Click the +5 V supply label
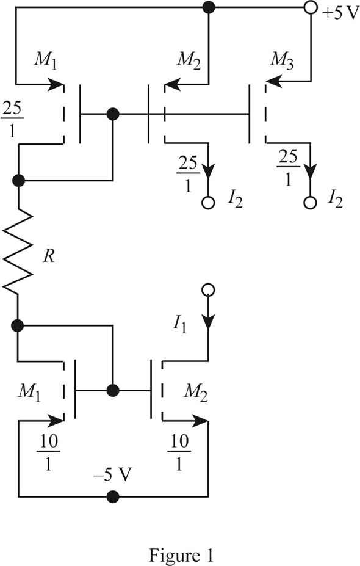pos(340,15)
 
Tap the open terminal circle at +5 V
pos(310,7)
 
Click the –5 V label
pos(112,475)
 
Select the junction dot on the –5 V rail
pos(113,496)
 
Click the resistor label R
pos(49,256)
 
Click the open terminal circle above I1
pos(208,289)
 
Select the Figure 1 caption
pos(181,555)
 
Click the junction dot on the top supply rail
pos(208,7)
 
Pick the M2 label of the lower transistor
pos(195,392)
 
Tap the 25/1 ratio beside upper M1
pos(12,120)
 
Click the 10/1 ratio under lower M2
pos(179,452)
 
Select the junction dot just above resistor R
pos(18,180)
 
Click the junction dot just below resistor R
pos(17,326)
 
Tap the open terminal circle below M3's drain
pos(310,203)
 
